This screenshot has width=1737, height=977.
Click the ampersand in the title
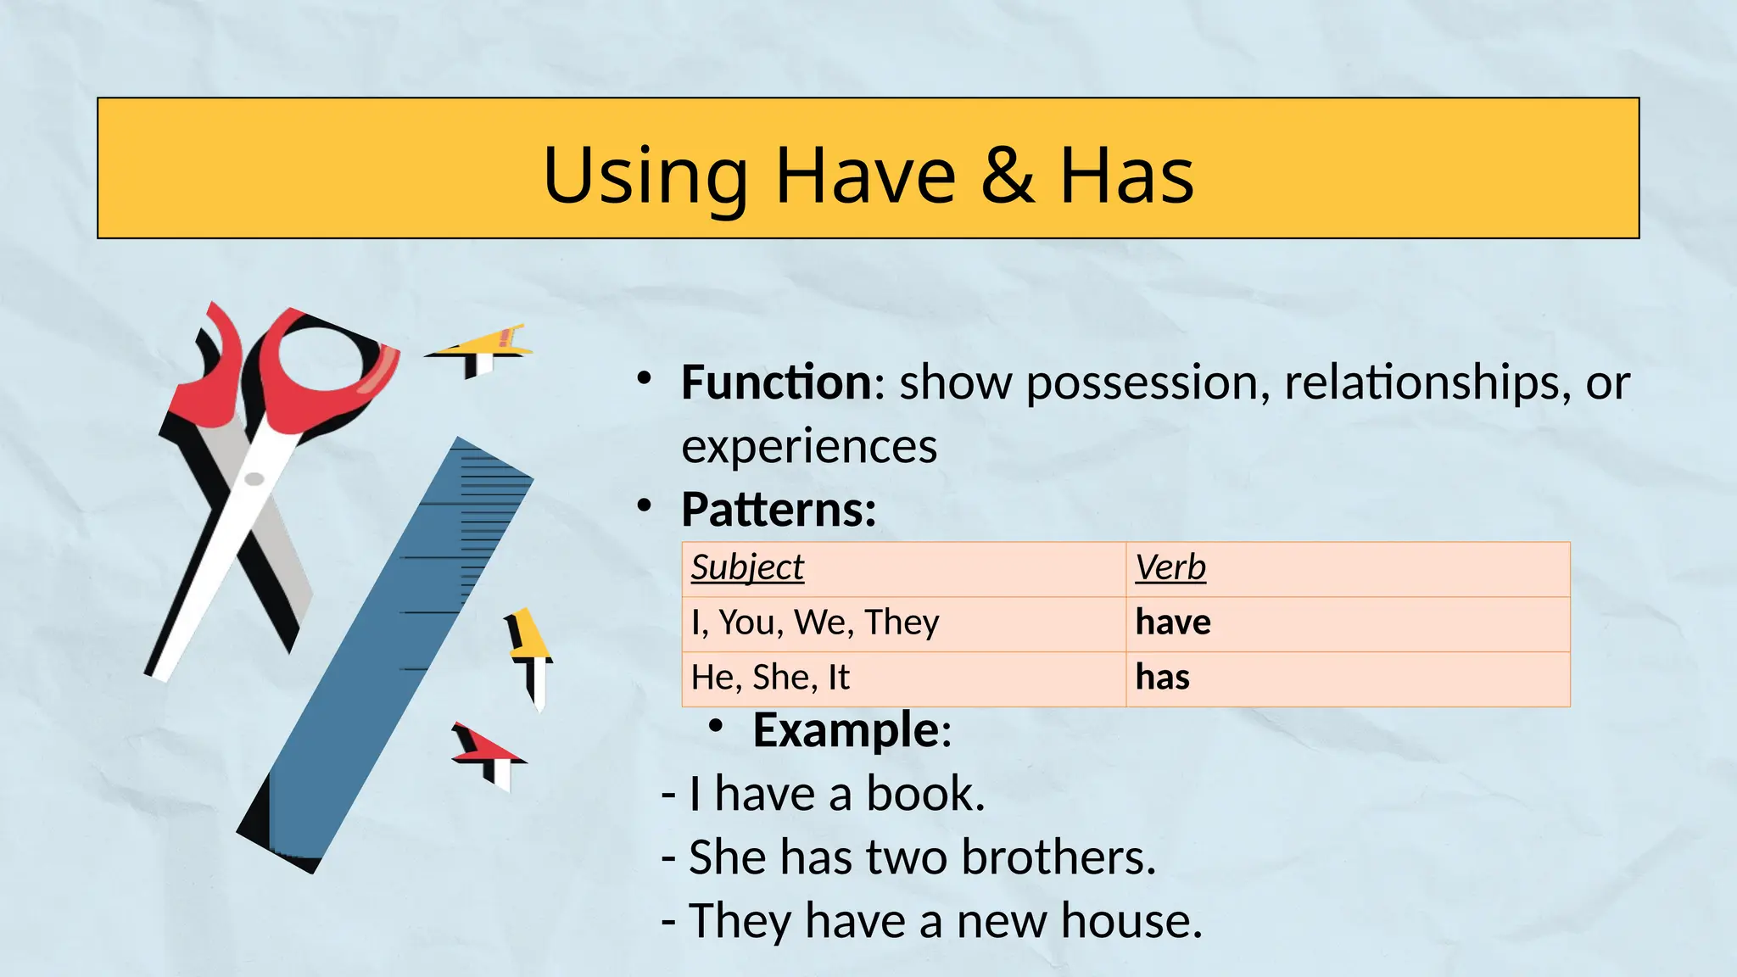(1008, 175)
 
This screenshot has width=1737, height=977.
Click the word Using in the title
(645, 175)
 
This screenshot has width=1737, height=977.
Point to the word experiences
(809, 446)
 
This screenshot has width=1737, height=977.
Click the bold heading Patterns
(778, 509)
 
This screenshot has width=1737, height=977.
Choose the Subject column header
(747, 567)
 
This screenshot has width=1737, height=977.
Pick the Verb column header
(1170, 567)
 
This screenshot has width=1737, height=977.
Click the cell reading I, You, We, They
(815, 622)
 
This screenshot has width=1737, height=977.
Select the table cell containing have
(1173, 622)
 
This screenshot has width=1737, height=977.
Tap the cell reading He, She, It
(770, 678)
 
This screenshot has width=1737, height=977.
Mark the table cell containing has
(1163, 678)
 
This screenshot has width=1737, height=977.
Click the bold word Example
(846, 729)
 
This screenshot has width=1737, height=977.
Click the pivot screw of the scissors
(254, 479)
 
